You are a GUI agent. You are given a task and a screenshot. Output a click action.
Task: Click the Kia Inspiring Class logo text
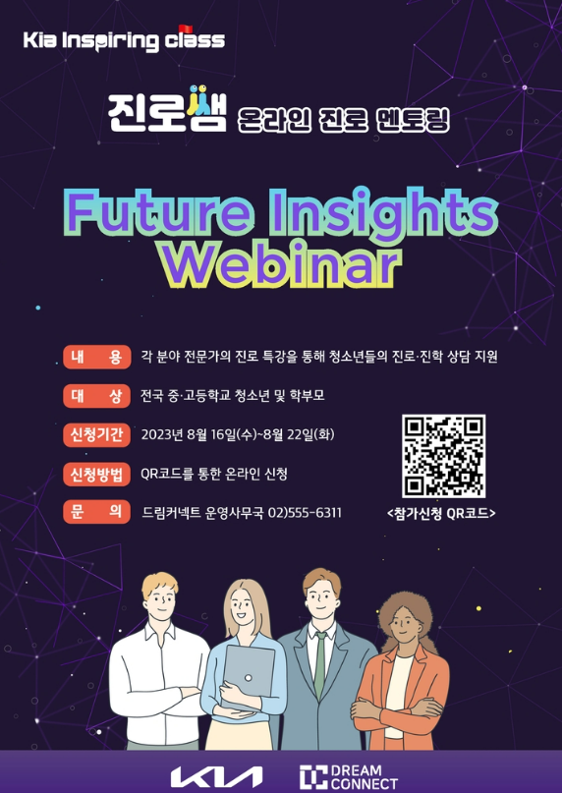point(124,39)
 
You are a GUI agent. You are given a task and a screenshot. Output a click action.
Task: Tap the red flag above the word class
point(186,28)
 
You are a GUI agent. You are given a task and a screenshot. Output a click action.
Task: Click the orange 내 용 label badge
point(96,357)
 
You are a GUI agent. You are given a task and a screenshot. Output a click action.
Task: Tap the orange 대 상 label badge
point(96,395)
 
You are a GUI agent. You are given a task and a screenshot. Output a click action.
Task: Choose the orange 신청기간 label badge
point(96,434)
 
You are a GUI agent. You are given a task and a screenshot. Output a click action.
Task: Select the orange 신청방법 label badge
point(96,474)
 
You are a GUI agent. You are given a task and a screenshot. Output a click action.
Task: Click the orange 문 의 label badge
point(96,512)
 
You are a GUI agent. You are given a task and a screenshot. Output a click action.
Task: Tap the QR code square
point(444,456)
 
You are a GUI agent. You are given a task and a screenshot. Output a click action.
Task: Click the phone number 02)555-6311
point(305,513)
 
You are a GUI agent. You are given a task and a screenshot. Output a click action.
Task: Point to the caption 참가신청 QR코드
point(441,514)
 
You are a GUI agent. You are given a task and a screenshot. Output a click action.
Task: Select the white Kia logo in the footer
point(216,777)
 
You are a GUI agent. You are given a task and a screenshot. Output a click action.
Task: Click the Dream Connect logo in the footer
point(349,777)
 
